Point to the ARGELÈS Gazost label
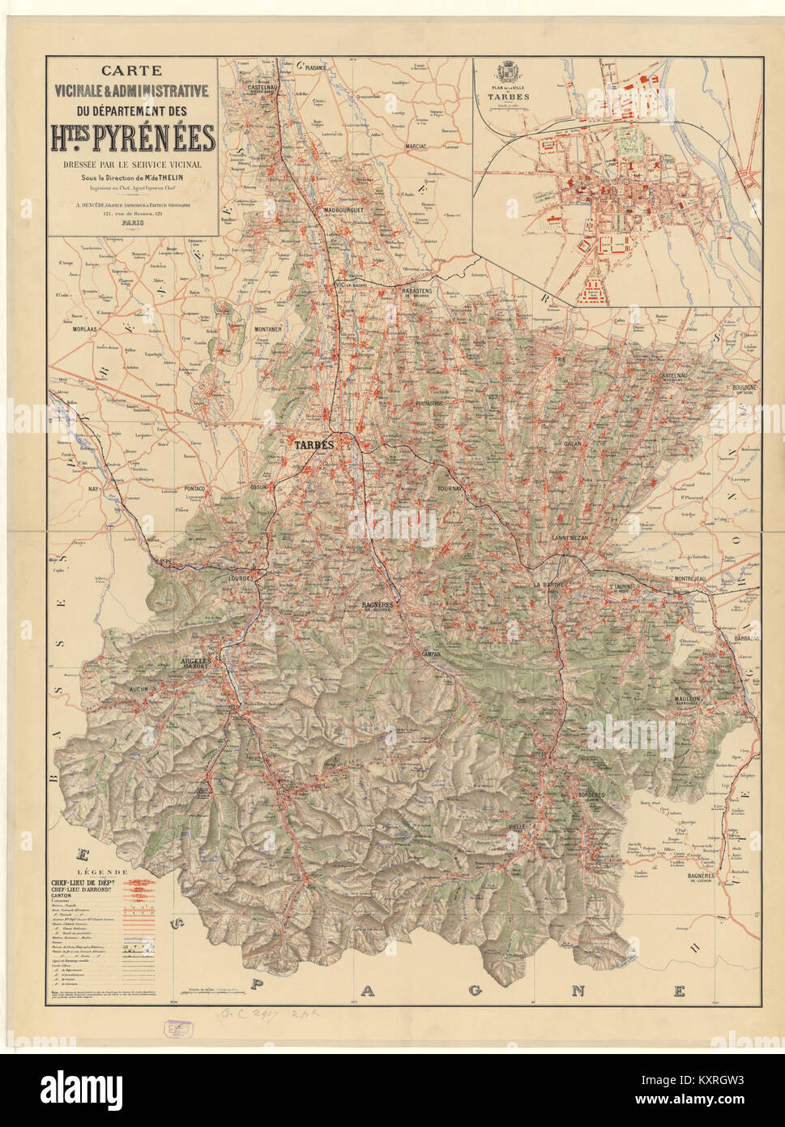(195, 661)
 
